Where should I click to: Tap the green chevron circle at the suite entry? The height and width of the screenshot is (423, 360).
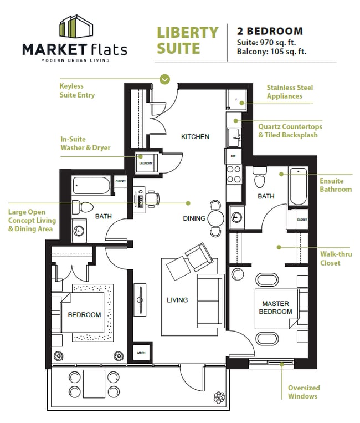pos(164,79)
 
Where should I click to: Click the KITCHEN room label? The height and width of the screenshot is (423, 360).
pos(196,136)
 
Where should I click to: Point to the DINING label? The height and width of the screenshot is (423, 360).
pos(194,218)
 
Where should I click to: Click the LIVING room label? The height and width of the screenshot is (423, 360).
pos(177,300)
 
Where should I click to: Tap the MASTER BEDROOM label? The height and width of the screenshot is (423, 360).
pos(276,308)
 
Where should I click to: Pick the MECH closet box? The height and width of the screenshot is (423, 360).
pos(141,353)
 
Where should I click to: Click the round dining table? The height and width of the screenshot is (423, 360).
pos(217,218)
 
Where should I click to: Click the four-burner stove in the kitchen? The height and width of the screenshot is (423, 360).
pos(233,174)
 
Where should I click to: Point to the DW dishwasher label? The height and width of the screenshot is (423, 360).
pos(233,156)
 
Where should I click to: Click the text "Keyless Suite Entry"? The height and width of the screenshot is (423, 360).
pos(77,90)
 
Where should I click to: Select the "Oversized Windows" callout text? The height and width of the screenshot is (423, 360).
pos(304,392)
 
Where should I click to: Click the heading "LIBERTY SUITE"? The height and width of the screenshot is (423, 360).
pos(187,40)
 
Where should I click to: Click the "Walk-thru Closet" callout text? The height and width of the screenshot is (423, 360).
pos(330,258)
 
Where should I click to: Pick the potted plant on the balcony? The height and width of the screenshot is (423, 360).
pos(220,397)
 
